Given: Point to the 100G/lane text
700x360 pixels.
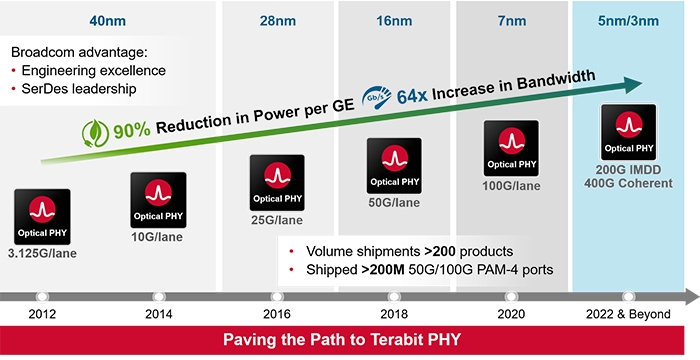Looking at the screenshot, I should coord(512,187).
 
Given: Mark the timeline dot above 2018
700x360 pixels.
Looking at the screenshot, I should coord(395,297).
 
